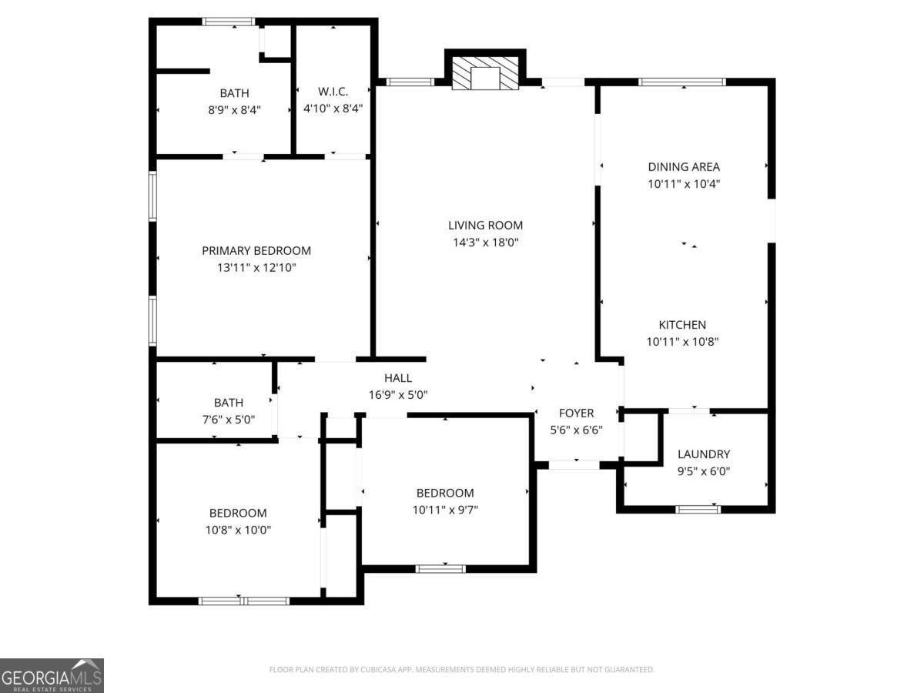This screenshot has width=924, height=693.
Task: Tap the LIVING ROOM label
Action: (485, 226)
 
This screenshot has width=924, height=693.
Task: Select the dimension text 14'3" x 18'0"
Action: (485, 243)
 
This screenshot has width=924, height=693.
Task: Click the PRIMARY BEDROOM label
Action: (256, 251)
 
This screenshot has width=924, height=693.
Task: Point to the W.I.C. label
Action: (333, 92)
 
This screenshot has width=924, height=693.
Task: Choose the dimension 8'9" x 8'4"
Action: (234, 110)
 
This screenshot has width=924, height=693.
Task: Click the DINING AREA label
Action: (684, 167)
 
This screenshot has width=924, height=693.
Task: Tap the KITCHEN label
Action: (681, 325)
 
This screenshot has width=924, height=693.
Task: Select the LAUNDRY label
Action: (704, 454)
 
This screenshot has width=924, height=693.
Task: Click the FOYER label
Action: (576, 413)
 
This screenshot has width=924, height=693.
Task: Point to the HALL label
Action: (398, 378)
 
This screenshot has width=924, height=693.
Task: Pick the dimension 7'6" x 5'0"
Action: (229, 420)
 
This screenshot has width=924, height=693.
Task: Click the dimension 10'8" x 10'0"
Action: (238, 530)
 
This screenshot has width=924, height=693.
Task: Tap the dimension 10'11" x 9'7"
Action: (445, 510)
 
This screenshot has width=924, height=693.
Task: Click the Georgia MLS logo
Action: (52, 675)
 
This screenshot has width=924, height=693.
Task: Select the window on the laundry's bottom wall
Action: (698, 509)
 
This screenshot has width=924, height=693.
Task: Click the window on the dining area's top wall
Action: (682, 82)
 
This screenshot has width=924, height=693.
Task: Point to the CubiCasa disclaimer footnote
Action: (462, 670)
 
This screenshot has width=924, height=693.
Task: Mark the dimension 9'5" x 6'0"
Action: (704, 472)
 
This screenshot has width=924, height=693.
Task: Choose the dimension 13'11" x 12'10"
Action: (256, 268)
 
